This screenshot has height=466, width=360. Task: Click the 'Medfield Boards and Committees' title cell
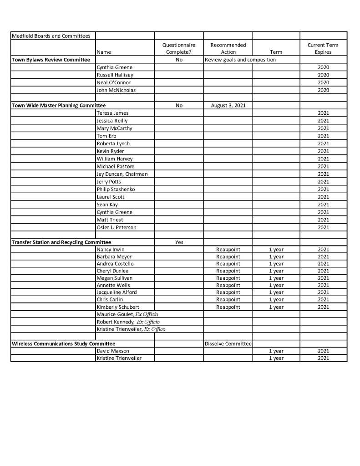pos(51,36)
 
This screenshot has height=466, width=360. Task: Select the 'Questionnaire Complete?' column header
pos(179,48)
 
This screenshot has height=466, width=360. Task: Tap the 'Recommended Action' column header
pos(228,48)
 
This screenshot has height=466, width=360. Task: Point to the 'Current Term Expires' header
pos(323,48)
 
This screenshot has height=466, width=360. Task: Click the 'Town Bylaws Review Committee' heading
pos(51,60)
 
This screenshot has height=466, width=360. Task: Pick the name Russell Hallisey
pos(115,75)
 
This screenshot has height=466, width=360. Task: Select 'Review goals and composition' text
pos(240,60)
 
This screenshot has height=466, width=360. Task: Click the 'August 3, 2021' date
pos(228,105)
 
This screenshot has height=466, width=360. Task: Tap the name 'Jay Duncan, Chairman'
pos(122,174)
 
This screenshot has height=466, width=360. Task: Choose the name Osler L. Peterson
pos(116,227)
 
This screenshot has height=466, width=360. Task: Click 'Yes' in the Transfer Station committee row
pos(179,242)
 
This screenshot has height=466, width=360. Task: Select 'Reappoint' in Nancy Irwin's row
pos(228,250)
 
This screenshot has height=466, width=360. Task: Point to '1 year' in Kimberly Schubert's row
pos(276,307)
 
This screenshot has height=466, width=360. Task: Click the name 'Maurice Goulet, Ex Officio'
pos(127,314)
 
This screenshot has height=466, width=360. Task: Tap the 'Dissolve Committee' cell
pos(228,343)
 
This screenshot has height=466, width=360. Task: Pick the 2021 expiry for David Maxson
pos(323,351)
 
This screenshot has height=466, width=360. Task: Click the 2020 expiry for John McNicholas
pos(323,90)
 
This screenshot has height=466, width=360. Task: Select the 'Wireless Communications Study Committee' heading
pos(63,343)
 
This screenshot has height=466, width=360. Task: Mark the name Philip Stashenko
pos(116,189)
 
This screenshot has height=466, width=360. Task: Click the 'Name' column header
pos(103,52)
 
